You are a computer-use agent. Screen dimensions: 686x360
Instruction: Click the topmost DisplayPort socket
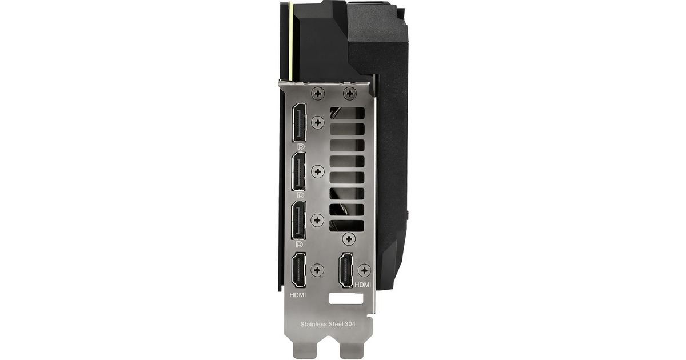(x=299, y=123)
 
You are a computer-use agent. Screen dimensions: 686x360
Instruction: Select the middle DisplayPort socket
(x=299, y=171)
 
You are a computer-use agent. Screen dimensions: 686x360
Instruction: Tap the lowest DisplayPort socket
(x=299, y=220)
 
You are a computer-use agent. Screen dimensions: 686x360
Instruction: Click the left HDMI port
(x=298, y=270)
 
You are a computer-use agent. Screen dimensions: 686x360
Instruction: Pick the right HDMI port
(x=346, y=270)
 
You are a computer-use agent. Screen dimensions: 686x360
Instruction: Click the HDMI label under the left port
(x=298, y=295)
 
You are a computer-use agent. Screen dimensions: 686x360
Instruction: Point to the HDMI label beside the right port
(x=362, y=285)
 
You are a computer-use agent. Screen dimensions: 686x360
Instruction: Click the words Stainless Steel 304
(x=328, y=324)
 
